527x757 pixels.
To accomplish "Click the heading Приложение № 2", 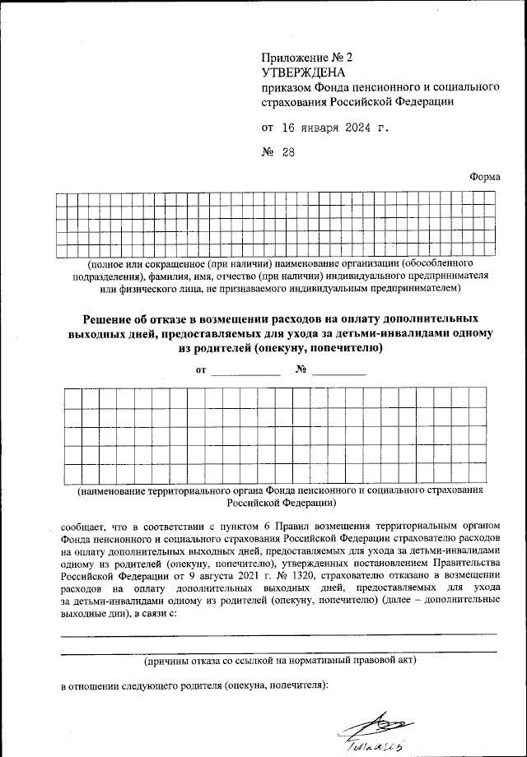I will point(305,58).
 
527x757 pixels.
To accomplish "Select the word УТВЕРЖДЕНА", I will point(299,72).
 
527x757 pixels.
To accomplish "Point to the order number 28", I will point(286,152).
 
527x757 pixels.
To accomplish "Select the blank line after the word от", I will point(223,374).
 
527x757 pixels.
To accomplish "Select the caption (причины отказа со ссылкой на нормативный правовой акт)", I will point(279,660).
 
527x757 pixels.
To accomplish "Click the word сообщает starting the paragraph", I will point(86,524).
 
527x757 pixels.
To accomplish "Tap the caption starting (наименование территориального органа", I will point(279,491).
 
